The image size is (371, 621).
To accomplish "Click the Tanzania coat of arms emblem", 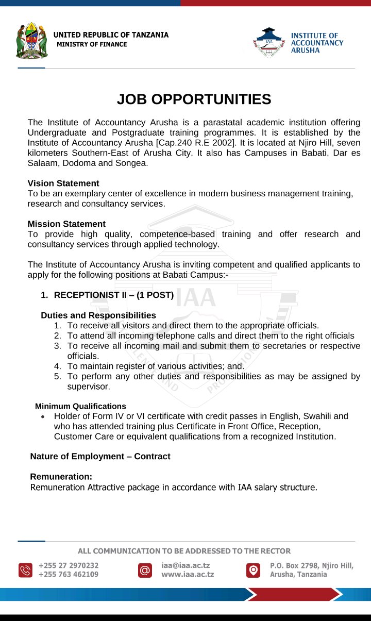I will click(32, 41).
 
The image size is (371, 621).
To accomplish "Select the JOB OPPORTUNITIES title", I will click(194, 99).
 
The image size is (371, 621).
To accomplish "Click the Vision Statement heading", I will click(63, 183).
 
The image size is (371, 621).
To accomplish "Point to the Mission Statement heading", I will click(66, 224).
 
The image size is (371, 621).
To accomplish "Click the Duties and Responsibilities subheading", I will click(98, 315).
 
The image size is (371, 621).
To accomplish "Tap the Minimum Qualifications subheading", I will click(80, 407).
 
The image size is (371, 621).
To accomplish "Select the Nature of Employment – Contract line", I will click(100, 457).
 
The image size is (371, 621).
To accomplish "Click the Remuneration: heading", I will click(61, 477).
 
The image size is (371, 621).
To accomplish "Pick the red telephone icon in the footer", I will click(25, 570).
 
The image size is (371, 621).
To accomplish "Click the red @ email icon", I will click(145, 570).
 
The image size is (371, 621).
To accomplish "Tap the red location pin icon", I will click(252, 570).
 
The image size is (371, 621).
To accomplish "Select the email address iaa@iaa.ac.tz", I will click(185, 565).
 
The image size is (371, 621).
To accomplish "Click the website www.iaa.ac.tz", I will click(188, 575).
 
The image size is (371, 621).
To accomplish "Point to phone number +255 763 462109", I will click(69, 575).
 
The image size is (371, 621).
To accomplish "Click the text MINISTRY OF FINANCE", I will click(92, 44).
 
